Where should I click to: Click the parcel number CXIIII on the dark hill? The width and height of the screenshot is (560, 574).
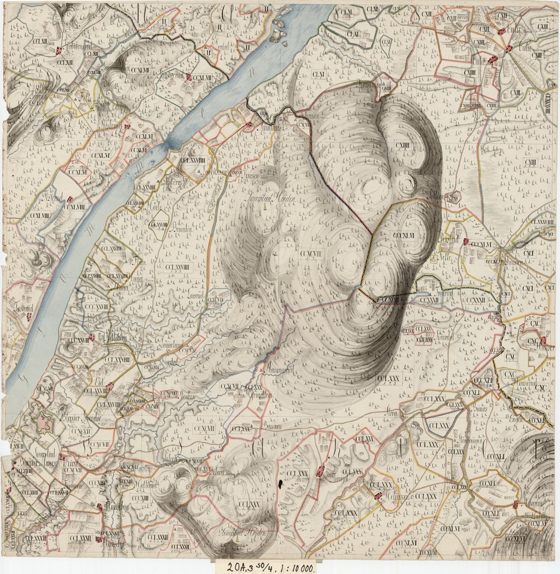(x=403, y=145)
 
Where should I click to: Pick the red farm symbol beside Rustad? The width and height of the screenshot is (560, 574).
(x=467, y=242)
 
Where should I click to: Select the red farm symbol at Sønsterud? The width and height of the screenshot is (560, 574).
(x=189, y=77)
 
